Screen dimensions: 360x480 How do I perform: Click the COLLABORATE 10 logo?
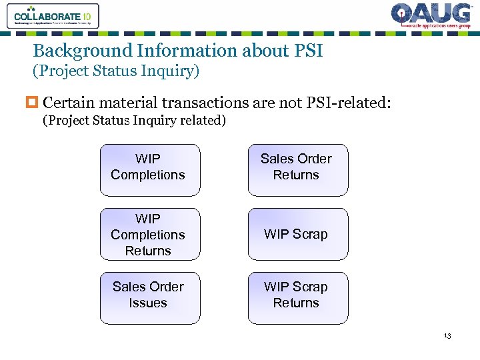click(53, 16)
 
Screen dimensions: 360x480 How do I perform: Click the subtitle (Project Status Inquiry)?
click(116, 70)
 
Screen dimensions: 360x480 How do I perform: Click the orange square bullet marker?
click(36, 103)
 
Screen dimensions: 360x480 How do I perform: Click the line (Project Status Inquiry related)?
click(134, 121)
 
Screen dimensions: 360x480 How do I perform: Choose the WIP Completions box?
click(149, 170)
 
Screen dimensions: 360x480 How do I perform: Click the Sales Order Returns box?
click(298, 170)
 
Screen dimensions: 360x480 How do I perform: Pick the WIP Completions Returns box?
click(149, 234)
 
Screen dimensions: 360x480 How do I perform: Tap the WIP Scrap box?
click(298, 234)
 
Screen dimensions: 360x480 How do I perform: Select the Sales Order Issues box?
click(149, 298)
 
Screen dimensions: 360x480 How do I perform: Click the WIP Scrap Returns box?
click(298, 298)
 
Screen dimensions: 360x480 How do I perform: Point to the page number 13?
click(447, 336)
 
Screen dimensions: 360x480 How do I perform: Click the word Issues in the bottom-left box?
click(148, 303)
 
